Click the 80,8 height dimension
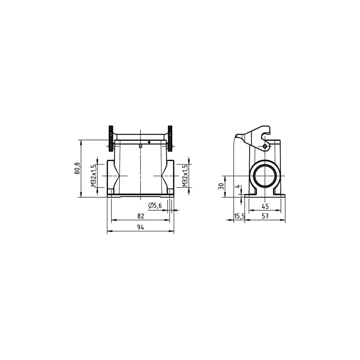click(77, 168)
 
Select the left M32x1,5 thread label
click(93, 176)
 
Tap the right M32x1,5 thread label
click(185, 176)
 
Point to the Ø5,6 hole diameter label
click(155, 205)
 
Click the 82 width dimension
click(141, 216)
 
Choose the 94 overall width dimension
click(141, 227)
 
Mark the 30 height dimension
click(221, 186)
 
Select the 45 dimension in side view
click(265, 206)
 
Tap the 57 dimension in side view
click(265, 216)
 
